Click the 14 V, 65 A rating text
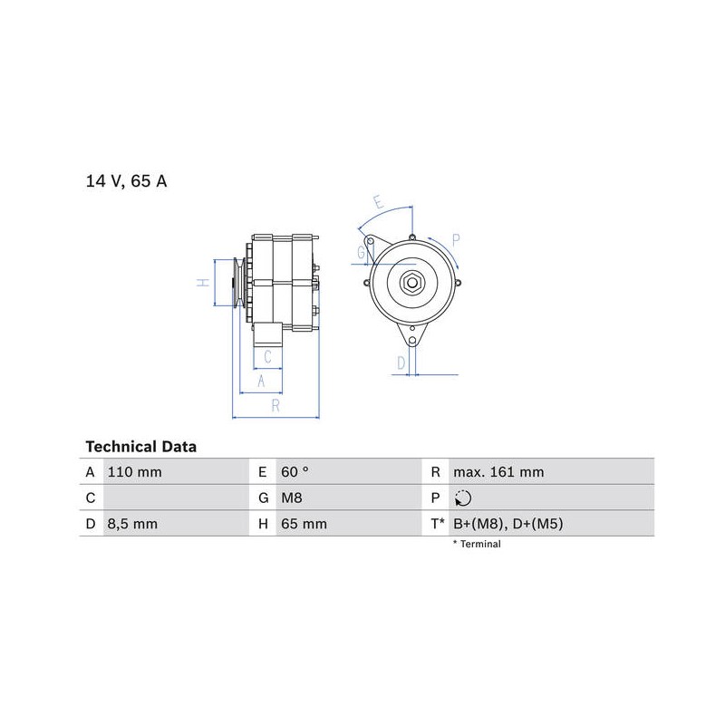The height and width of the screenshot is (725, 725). [126, 180]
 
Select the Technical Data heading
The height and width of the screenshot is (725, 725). [141, 447]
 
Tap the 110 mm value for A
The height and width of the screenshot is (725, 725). [134, 472]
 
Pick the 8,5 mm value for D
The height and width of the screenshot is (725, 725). [132, 524]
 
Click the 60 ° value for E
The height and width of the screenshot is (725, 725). [295, 472]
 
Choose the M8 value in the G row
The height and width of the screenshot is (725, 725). [291, 498]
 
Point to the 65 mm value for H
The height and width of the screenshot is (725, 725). [304, 524]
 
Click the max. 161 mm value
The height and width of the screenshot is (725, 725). [498, 472]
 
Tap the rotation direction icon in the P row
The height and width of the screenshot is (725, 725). [463, 498]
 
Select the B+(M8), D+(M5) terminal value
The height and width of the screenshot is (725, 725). [508, 524]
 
